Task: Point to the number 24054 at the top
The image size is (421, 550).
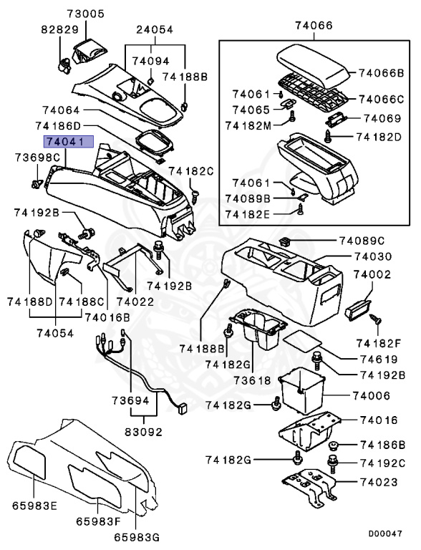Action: pos(155,30)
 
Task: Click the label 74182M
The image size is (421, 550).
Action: pos(250,125)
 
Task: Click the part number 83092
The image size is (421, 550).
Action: pos(144,432)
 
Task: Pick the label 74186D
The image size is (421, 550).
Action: pos(68,125)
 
